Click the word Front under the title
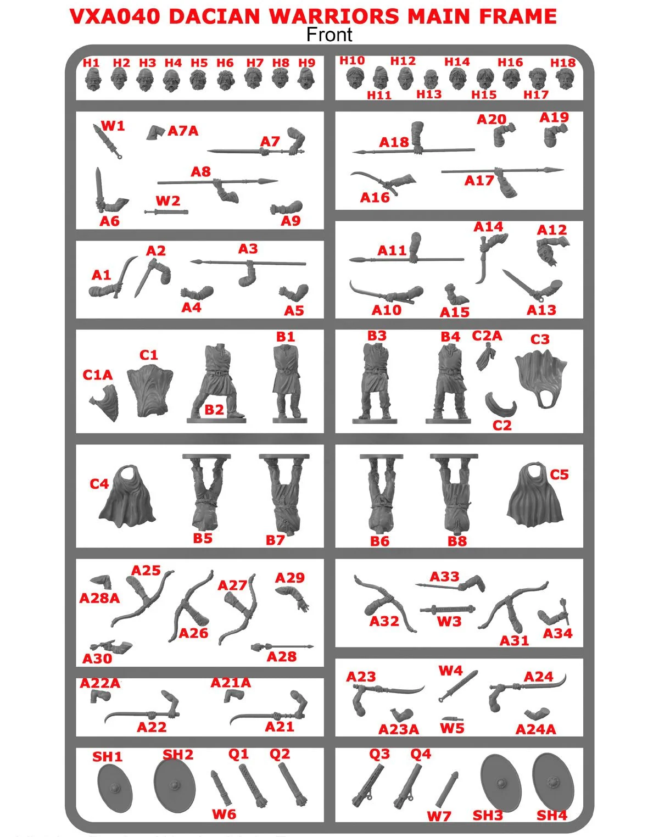[329, 35]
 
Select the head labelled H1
[93, 80]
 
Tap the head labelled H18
[565, 79]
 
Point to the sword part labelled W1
[108, 141]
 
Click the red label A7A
[183, 131]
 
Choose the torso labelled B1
[289, 383]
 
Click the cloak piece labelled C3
[541, 378]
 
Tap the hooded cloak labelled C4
[127, 496]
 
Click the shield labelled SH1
[115, 788]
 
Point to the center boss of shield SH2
[175, 785]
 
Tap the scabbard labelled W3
[448, 609]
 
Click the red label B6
[379, 541]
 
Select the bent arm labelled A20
[504, 135]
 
